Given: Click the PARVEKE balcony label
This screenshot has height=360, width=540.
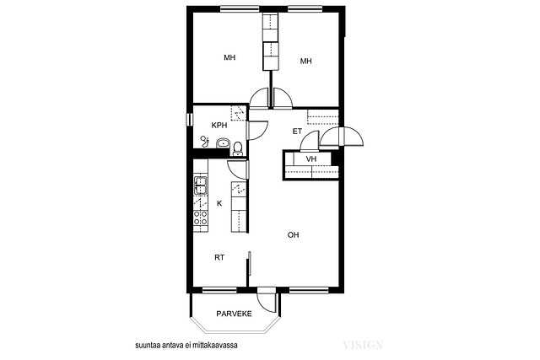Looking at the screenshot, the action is [234, 314].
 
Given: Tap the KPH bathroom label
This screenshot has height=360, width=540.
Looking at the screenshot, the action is [219, 126].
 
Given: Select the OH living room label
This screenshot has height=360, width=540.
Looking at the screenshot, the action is [293, 235].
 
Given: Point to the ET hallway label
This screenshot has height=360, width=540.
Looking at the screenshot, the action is [297, 132].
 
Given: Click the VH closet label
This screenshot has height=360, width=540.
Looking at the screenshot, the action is [311, 159].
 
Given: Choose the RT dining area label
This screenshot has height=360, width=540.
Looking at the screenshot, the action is [219, 257].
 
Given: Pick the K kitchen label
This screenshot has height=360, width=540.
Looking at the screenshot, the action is [219, 204].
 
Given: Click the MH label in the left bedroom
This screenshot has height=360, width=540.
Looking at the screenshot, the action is [229, 57].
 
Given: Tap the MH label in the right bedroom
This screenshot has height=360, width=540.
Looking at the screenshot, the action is [305, 62].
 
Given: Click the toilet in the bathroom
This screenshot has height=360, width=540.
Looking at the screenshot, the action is [237, 148].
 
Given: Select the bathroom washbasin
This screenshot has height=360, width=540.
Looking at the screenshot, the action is [223, 142].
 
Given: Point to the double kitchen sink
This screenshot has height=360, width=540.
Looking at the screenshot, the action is [201, 185].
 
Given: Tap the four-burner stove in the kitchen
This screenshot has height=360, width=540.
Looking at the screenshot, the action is [201, 218].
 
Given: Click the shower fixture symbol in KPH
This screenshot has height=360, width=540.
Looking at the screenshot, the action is [204, 141].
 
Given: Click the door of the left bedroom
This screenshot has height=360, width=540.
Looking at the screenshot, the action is [259, 98].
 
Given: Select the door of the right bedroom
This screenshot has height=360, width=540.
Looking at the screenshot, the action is [283, 98].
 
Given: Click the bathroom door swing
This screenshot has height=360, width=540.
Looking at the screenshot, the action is [257, 130].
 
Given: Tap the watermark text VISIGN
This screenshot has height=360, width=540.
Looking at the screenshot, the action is [363, 345].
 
